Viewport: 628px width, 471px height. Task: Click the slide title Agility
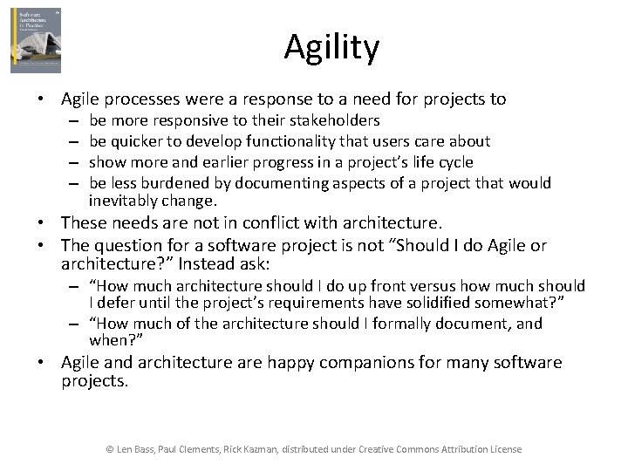[331, 47]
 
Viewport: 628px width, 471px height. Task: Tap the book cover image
[36, 40]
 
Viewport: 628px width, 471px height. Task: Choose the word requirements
[344, 302]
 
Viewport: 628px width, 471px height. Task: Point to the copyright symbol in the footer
[110, 449]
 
